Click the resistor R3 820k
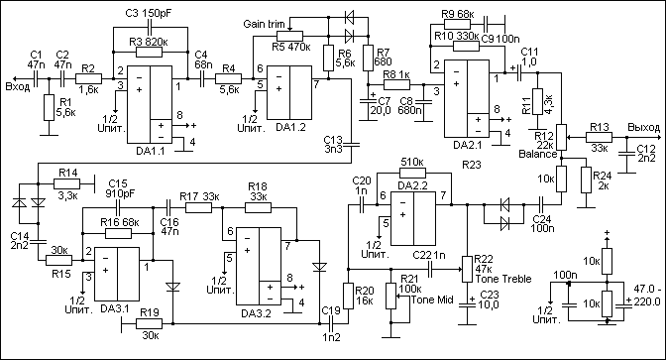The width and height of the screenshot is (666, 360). click(x=149, y=53)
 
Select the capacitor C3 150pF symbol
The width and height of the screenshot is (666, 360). click(x=149, y=28)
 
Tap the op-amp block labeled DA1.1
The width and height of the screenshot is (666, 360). click(x=151, y=104)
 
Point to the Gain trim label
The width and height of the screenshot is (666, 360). click(x=264, y=24)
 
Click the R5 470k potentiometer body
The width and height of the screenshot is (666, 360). click(x=289, y=36)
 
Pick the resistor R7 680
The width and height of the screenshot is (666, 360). click(x=369, y=58)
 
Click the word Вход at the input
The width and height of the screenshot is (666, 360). click(x=18, y=87)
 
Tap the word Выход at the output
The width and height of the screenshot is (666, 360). click(x=644, y=128)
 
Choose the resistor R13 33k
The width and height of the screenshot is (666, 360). click(x=599, y=137)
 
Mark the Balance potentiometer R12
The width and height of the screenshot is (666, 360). click(x=562, y=137)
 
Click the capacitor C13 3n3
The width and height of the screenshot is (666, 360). click(x=352, y=146)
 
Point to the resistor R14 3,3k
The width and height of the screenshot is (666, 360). click(x=66, y=183)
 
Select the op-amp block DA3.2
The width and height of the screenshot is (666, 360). click(x=259, y=267)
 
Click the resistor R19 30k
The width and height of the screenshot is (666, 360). click(x=149, y=324)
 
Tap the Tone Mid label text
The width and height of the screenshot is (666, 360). click(x=432, y=300)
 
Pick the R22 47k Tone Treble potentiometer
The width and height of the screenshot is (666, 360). click(x=467, y=269)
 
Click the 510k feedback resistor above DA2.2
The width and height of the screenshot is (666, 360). click(x=412, y=173)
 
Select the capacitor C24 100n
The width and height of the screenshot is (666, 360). click(x=542, y=204)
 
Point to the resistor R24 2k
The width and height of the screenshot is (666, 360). click(x=586, y=180)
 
